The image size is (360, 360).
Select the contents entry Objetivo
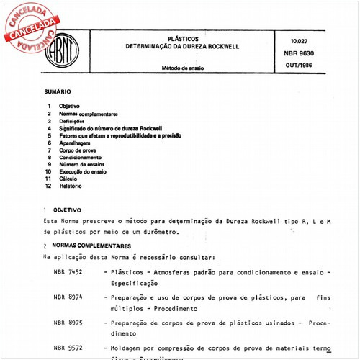click(69, 107)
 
